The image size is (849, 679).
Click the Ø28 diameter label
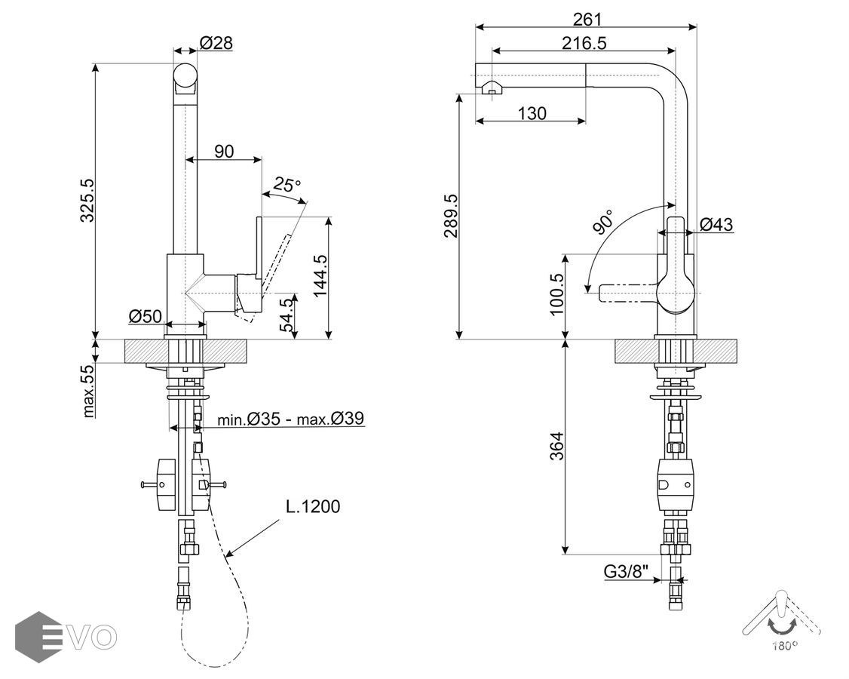click(x=216, y=43)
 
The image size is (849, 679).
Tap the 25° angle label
click(x=287, y=183)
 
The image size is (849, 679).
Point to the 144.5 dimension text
click(x=320, y=276)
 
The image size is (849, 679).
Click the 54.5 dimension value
click(x=287, y=315)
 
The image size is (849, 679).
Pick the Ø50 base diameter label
click(x=145, y=316)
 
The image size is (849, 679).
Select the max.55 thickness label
click(x=88, y=391)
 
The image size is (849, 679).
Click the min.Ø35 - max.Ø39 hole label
click(x=293, y=419)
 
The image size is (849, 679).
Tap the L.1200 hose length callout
click(x=313, y=506)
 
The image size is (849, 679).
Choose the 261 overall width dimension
click(x=587, y=19)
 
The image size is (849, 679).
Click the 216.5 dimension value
click(x=584, y=43)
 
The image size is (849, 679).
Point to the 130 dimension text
click(x=532, y=114)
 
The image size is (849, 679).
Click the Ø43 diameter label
click(x=716, y=224)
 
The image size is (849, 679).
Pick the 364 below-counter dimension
click(x=556, y=445)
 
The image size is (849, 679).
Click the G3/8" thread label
click(x=627, y=572)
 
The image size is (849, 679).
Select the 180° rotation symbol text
click(x=784, y=646)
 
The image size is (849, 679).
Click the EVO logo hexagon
click(x=38, y=637)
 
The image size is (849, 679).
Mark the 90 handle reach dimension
click(x=224, y=151)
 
